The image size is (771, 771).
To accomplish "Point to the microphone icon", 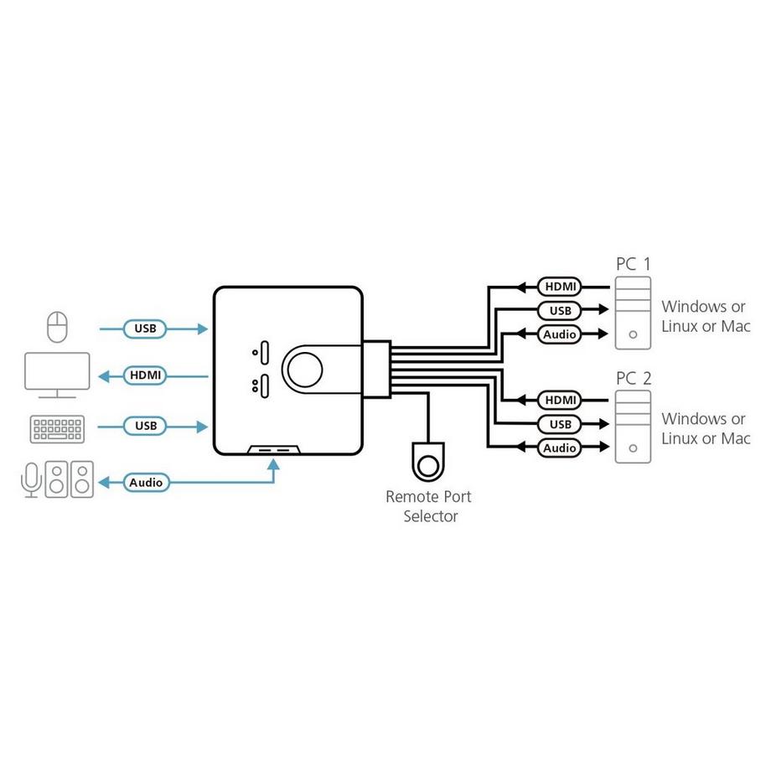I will [31, 481].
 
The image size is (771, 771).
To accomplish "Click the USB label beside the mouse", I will [145, 328].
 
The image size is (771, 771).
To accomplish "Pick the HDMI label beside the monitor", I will [145, 375].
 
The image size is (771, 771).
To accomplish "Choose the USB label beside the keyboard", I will [145, 426].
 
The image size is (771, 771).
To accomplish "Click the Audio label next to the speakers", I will [147, 483].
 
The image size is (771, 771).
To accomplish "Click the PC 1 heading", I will [633, 264].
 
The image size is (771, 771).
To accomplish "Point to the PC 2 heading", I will [633, 378].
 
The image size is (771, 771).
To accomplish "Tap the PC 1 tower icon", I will [633, 313].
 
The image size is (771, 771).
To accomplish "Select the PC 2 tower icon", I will [633, 427].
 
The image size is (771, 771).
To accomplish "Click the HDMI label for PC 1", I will [559, 287].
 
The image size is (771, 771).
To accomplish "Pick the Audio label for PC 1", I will [559, 334].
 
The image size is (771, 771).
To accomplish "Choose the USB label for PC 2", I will [559, 424].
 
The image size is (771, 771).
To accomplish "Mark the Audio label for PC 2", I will [559, 448].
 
